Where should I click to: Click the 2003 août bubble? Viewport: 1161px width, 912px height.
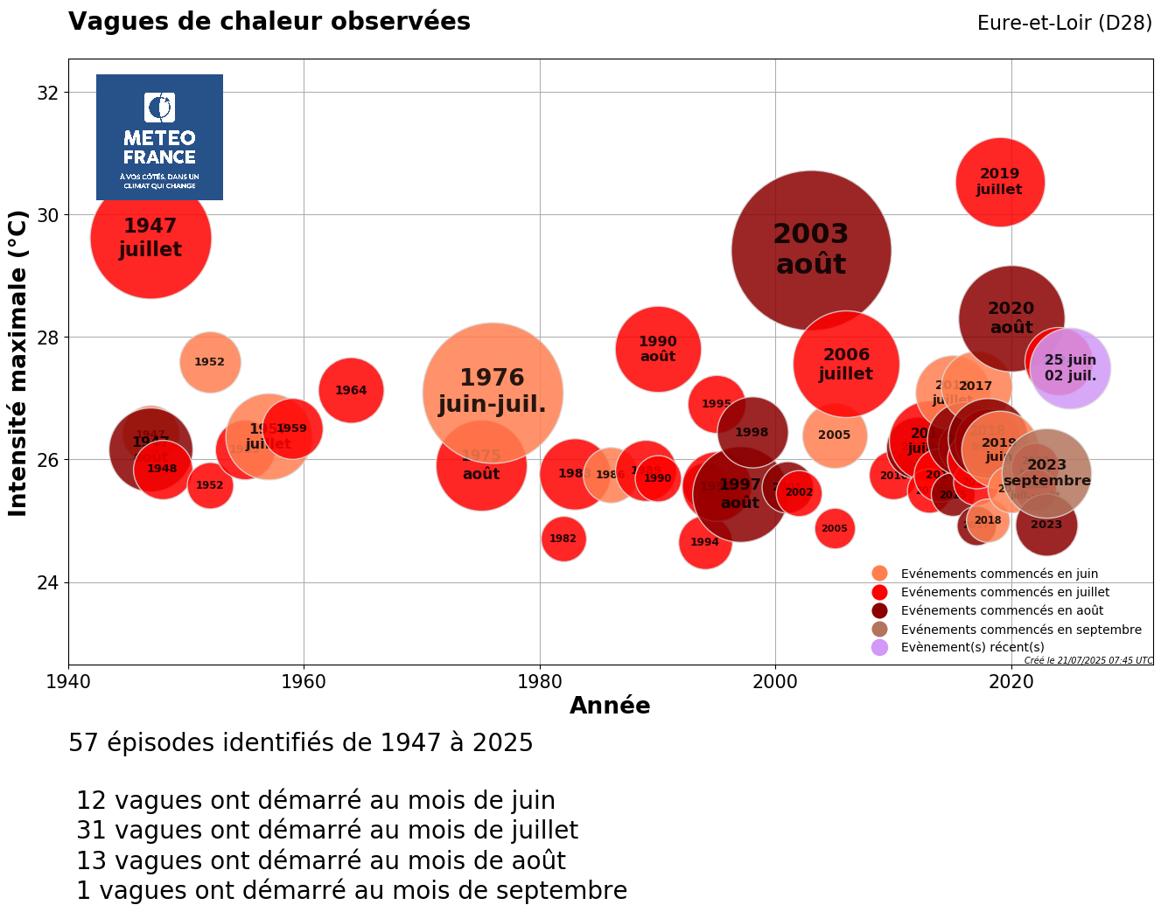[x=811, y=249]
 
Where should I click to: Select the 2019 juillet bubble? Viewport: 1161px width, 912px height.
[x=999, y=182]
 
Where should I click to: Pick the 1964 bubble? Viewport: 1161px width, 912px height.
[x=351, y=390]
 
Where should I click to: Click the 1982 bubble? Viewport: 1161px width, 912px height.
[x=563, y=539]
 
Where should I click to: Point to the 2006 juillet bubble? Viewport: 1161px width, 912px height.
[x=846, y=364]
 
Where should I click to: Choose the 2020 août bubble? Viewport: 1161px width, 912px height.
[x=1011, y=317]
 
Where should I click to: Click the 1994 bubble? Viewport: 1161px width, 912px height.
[x=704, y=542]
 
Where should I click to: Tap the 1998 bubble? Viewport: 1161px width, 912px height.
[x=752, y=432]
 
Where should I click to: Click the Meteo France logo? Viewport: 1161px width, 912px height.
[x=159, y=137]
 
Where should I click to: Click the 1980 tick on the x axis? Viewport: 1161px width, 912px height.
[x=540, y=680]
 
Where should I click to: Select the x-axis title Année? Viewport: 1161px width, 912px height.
[x=610, y=706]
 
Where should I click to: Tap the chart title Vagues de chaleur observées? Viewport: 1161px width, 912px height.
[x=269, y=22]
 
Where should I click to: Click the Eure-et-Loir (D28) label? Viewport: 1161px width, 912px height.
[x=1064, y=24]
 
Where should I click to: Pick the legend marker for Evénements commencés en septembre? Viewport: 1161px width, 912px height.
[x=880, y=630]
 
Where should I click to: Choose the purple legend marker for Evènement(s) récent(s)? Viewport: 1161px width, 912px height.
[x=880, y=648]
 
